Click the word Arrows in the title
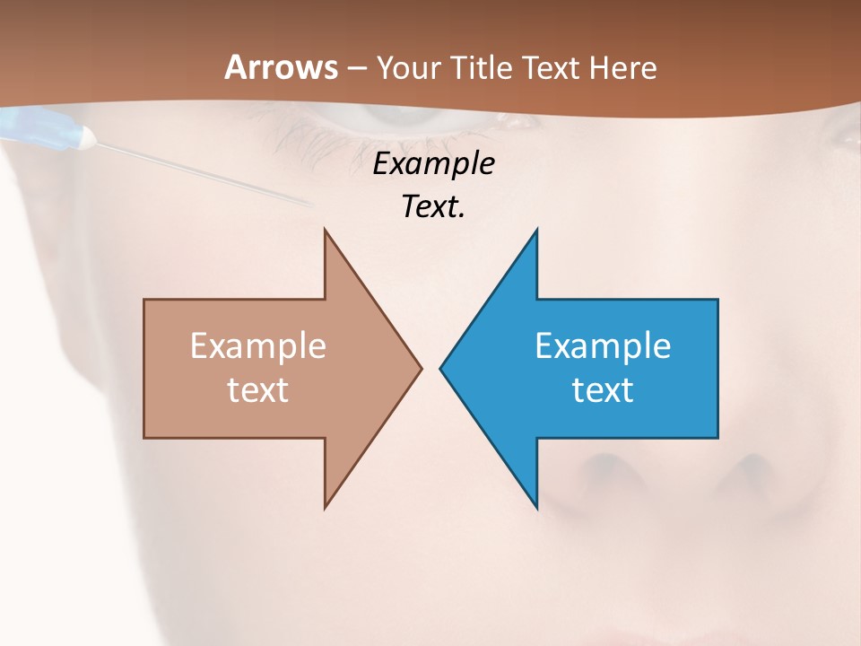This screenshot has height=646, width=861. pyautogui.click(x=281, y=67)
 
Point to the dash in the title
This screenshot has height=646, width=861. pyautogui.click(x=357, y=69)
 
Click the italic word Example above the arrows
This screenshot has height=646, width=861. pyautogui.click(x=433, y=163)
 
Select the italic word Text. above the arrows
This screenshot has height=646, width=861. pyautogui.click(x=433, y=206)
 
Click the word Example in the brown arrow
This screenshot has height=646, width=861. pyautogui.click(x=258, y=346)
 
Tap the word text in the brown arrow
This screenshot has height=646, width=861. pyautogui.click(x=258, y=389)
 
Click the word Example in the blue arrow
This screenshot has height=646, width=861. pyautogui.click(x=603, y=346)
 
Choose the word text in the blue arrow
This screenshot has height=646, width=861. pyautogui.click(x=603, y=389)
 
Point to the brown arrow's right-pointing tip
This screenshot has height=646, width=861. pyautogui.click(x=420, y=368)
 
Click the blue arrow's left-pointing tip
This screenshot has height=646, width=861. pyautogui.click(x=441, y=368)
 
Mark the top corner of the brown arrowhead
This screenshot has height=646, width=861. pyautogui.click(x=326, y=231)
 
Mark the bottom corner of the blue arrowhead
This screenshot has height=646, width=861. pyautogui.click(x=536, y=507)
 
